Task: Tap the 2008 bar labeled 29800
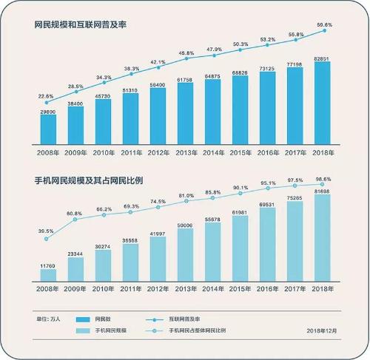click(48, 129)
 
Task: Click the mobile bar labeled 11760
click(48, 274)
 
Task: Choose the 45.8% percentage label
click(185, 53)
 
